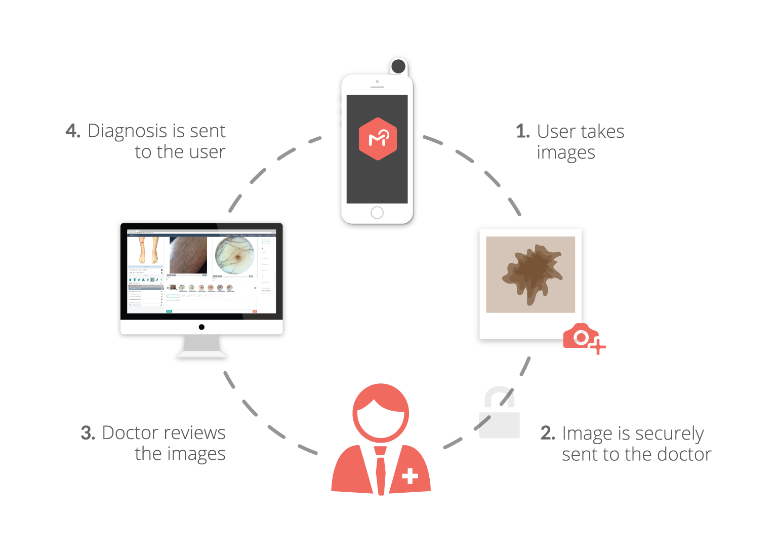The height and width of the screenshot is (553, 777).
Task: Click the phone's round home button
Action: coord(377,213)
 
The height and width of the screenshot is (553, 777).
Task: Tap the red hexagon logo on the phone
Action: coord(378,139)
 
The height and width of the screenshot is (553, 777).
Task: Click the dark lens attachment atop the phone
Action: coord(398,66)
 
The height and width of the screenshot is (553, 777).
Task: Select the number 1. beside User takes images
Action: coord(523,132)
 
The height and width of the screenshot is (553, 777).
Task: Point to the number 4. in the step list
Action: coord(73,131)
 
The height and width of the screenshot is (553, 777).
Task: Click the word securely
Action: coord(669,434)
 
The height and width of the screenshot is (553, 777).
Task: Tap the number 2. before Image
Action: coord(548,433)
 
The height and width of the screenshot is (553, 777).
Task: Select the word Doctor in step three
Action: coord(131,433)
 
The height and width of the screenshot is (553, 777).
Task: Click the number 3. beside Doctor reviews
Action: coord(88,433)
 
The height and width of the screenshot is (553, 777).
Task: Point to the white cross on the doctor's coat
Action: coord(410,476)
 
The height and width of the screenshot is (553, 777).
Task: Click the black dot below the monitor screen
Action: coord(201,327)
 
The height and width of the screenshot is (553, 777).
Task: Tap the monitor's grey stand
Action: coord(202,346)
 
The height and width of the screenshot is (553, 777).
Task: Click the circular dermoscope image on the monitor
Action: coord(234,256)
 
